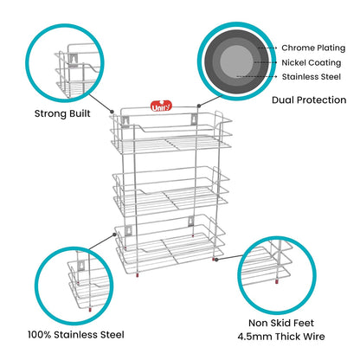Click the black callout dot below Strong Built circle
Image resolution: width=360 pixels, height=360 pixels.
coord(113,110)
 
